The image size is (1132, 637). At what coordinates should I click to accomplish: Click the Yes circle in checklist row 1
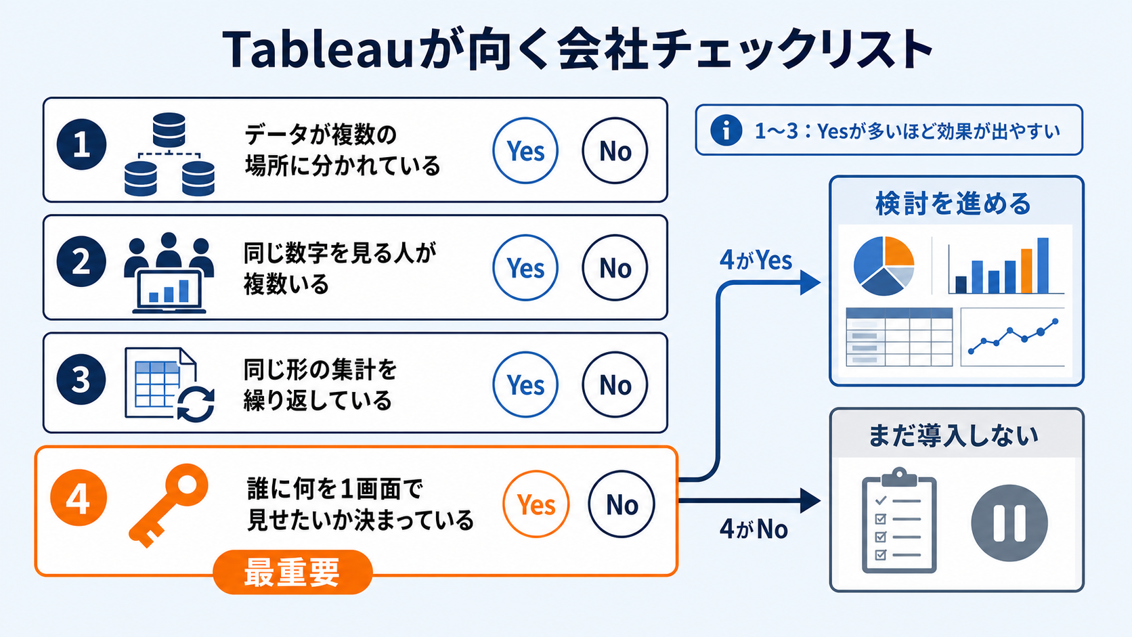[x=525, y=150]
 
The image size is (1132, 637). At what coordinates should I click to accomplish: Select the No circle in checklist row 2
[x=615, y=268]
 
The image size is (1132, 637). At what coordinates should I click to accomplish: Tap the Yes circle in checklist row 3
[x=525, y=385]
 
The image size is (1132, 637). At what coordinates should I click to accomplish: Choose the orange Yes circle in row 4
[x=536, y=504]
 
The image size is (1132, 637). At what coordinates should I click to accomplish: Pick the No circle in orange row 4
[x=622, y=504]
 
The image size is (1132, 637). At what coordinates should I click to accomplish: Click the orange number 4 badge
[x=79, y=498]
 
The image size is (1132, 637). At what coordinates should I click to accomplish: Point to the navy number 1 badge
[x=81, y=144]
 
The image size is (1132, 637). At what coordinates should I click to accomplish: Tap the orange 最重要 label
[x=292, y=572]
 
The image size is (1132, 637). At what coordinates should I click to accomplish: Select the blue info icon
[x=726, y=131]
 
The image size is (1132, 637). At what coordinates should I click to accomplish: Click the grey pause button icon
[x=1009, y=523]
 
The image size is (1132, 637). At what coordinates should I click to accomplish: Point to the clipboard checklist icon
[x=899, y=521]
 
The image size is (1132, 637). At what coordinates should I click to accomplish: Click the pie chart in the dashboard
[x=884, y=266]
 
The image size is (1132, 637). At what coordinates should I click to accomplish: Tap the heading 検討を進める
[x=953, y=204]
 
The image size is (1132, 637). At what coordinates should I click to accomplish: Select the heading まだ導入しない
[x=953, y=436]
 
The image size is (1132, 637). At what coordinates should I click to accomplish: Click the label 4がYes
[x=756, y=260]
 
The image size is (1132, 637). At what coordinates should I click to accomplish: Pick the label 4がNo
[x=754, y=529]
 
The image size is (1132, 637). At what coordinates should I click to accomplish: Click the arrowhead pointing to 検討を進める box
[x=810, y=283]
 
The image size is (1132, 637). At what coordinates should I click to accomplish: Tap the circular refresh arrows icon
[x=196, y=404]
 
